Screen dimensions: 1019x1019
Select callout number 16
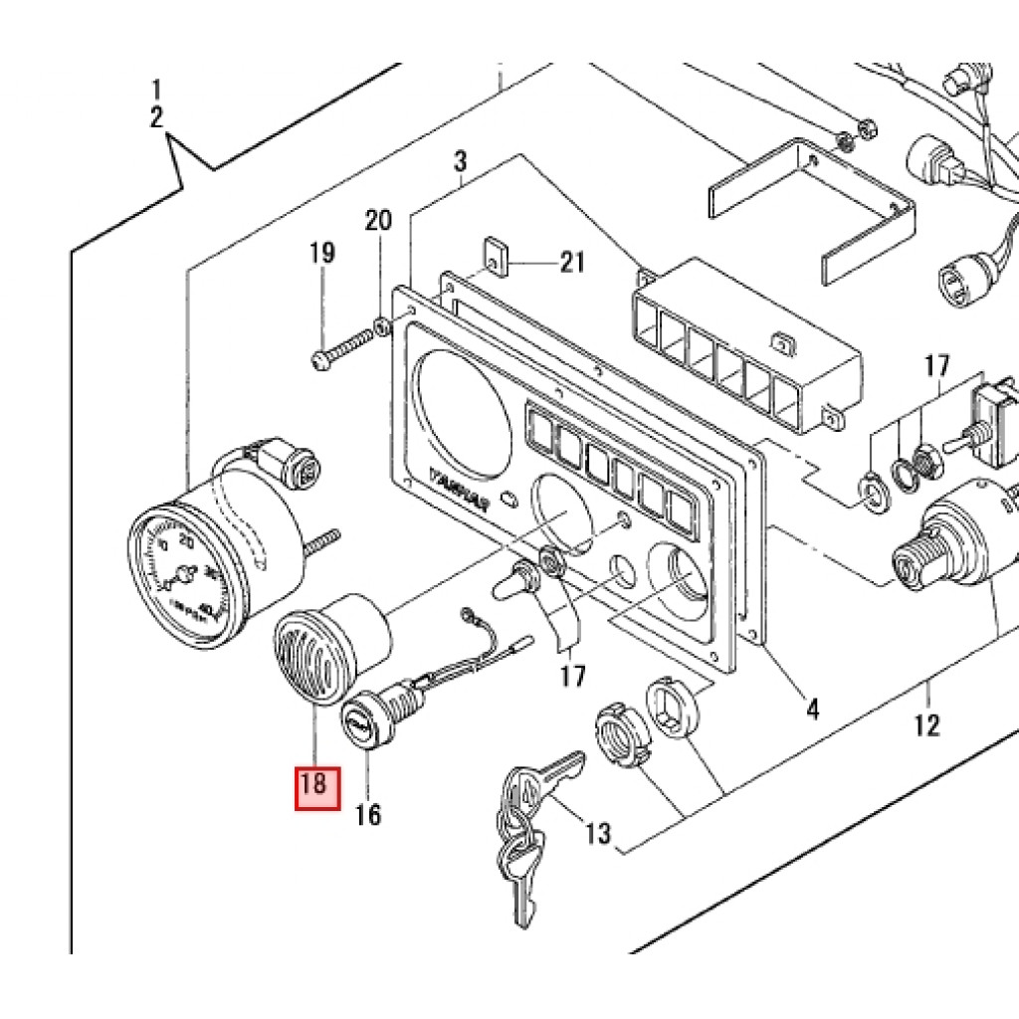click(x=368, y=815)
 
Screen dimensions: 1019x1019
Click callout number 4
click(x=812, y=710)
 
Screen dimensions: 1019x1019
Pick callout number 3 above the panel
click(x=461, y=161)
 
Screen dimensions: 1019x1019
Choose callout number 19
click(x=321, y=253)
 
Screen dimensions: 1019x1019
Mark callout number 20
click(x=378, y=221)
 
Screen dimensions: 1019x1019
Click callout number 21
click(x=571, y=263)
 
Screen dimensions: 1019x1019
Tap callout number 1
click(x=156, y=90)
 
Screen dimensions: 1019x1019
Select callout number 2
click(x=156, y=117)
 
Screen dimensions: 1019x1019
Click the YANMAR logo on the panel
click(x=458, y=489)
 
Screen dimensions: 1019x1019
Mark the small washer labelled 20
click(x=382, y=326)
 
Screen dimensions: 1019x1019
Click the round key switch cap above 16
click(x=360, y=724)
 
